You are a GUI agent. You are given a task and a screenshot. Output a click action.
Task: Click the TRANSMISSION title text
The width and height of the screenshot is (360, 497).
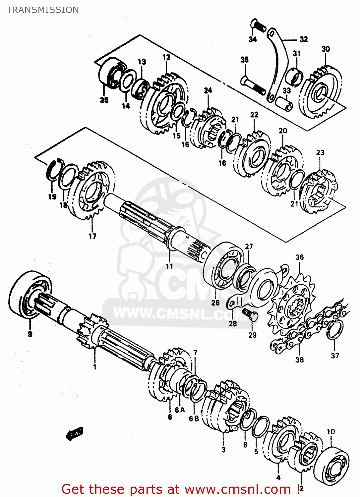pyautogui.click(x=43, y=10)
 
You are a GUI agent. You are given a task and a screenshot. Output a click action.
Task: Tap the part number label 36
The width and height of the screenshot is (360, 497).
pyautogui.click(x=299, y=257)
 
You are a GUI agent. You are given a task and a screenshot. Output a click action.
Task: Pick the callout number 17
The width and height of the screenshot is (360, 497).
pyautogui.click(x=92, y=236)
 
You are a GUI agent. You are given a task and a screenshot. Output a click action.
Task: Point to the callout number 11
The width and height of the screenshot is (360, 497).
pyautogui.click(x=169, y=266)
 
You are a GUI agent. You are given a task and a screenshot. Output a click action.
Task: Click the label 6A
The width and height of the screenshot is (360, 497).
pyautogui.click(x=180, y=410)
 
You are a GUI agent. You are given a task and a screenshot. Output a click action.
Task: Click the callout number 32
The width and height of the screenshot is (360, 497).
pyautogui.click(x=303, y=39)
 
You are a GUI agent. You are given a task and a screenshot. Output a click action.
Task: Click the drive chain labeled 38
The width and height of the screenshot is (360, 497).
pyautogui.click(x=308, y=331)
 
